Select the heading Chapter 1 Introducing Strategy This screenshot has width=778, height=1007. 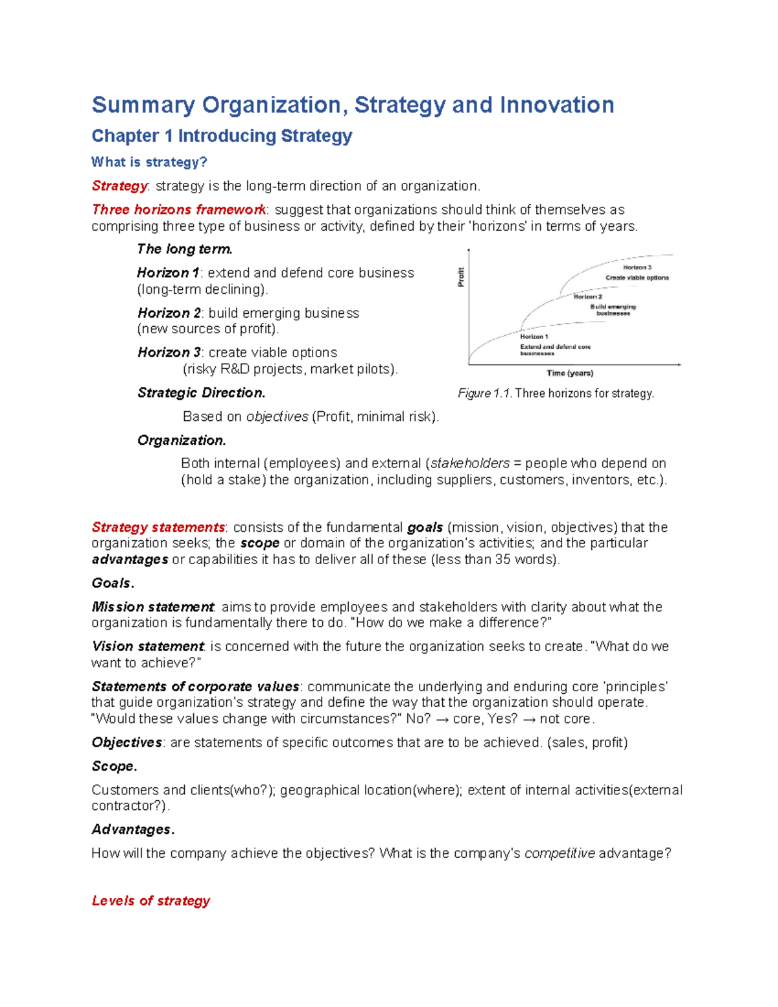point(222,136)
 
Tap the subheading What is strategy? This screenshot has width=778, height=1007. point(149,162)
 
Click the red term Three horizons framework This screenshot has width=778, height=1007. point(178,209)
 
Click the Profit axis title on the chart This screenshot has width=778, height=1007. point(461,277)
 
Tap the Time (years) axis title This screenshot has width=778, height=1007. point(570,373)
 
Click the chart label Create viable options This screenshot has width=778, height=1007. point(637,278)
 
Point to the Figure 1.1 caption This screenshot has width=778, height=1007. point(556,394)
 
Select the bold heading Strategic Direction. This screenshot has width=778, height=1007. point(201,393)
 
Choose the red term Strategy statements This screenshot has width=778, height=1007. point(158,527)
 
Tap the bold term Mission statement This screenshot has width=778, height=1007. point(152,607)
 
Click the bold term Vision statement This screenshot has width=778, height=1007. point(148,646)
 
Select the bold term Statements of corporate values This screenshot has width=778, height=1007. point(195,687)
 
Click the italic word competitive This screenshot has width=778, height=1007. point(560,853)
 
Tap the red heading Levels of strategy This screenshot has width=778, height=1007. point(151,901)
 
